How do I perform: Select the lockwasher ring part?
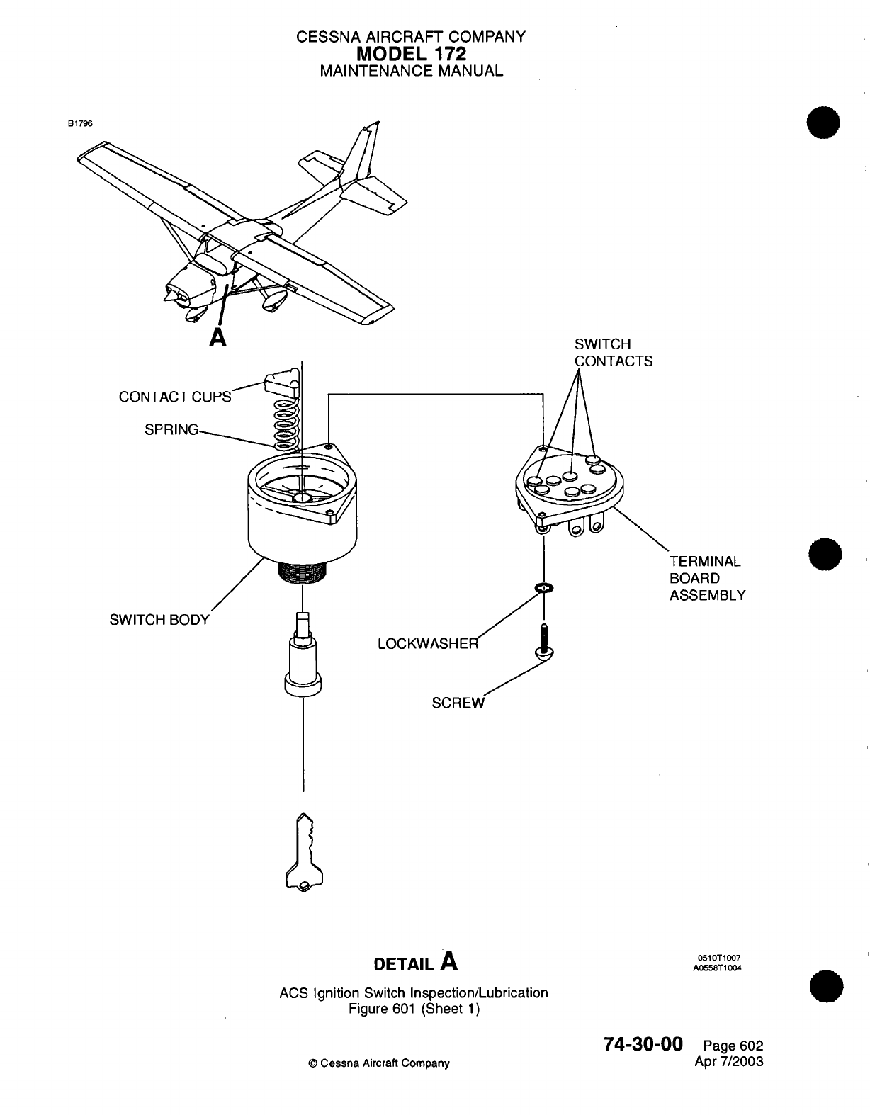[544, 589]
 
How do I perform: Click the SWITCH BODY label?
[159, 620]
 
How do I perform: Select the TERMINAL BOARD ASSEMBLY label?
[707, 578]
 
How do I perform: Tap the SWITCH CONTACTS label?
[613, 353]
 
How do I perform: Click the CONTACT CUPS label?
[175, 397]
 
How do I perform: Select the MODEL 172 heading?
[411, 53]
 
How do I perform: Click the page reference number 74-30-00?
[643, 1044]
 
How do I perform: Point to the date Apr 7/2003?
[730, 1061]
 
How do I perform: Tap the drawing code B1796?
[80, 123]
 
